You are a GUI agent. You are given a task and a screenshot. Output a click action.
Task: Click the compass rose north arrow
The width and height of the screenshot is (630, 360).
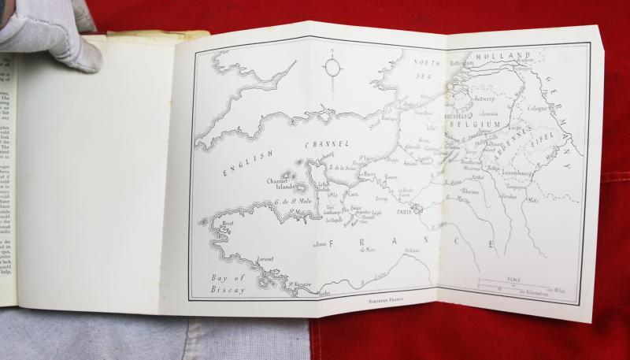pos(333,66)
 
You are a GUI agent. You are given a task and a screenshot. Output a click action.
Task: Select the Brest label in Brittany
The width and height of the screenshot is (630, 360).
pos(228,224)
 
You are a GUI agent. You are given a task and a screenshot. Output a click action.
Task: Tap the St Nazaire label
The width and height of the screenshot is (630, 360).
pos(298,284)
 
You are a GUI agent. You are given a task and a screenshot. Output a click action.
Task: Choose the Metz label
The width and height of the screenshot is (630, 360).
pos(533,200)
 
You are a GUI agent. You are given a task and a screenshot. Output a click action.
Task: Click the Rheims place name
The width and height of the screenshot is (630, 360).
pos(469,191)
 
